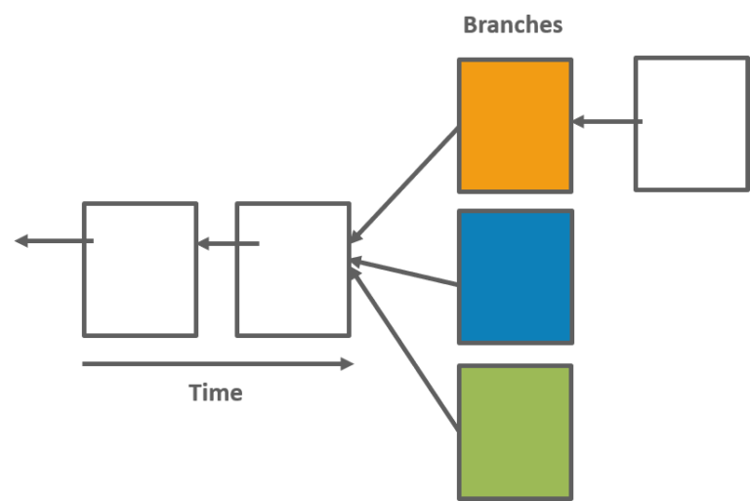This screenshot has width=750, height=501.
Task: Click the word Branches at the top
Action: (513, 24)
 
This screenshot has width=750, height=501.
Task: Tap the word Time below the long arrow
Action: (216, 393)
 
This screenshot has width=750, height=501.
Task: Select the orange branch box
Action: (516, 126)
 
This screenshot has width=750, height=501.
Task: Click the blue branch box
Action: (516, 276)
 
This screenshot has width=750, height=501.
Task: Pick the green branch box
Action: (516, 433)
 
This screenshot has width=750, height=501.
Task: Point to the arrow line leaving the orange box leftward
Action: (404, 185)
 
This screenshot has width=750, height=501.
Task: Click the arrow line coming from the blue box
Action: (404, 273)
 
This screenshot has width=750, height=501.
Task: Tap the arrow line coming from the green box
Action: (404, 349)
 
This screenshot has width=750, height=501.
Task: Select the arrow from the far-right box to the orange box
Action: (607, 121)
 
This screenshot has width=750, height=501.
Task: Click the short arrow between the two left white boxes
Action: (229, 243)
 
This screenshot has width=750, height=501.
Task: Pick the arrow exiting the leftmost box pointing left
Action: (54, 240)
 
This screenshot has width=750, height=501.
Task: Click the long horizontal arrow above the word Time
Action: (218, 364)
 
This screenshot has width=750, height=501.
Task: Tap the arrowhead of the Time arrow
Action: (348, 364)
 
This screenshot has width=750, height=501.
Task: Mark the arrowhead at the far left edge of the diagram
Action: (21, 240)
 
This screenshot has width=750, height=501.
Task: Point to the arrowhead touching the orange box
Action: (578, 121)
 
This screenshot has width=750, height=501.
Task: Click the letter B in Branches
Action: (471, 24)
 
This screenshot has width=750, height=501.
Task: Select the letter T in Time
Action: (196, 393)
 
